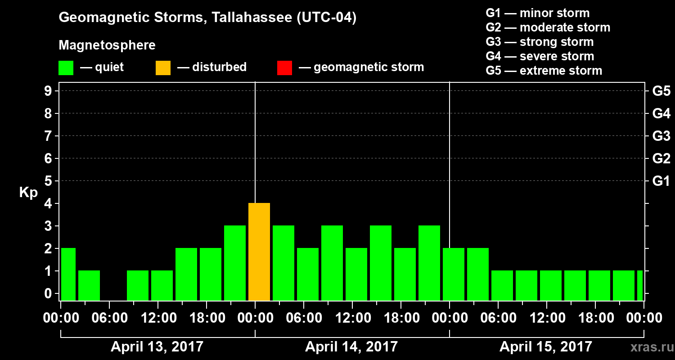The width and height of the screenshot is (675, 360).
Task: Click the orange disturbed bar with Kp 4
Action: point(259,252)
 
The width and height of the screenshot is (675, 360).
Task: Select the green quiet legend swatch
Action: point(66,67)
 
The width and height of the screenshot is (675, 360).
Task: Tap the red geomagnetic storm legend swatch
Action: point(284,67)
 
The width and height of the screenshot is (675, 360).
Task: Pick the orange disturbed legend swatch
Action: point(163,67)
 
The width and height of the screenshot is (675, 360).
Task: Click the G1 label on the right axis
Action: point(661,181)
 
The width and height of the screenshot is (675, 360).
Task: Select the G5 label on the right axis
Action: point(661,91)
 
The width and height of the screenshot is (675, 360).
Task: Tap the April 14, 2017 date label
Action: point(351,347)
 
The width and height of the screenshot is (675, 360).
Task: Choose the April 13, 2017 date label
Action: point(157,347)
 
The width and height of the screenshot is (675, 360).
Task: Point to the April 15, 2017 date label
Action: point(546,347)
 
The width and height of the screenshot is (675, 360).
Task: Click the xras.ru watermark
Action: point(648,347)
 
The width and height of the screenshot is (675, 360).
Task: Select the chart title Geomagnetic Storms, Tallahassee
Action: point(207,18)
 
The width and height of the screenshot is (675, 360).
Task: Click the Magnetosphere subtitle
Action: point(107,45)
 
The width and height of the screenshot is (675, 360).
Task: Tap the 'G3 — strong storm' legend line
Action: point(540,42)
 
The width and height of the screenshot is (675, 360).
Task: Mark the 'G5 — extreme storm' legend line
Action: point(544,71)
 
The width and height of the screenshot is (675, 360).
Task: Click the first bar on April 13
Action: point(68,274)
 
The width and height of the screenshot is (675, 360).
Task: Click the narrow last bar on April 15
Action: point(639,285)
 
